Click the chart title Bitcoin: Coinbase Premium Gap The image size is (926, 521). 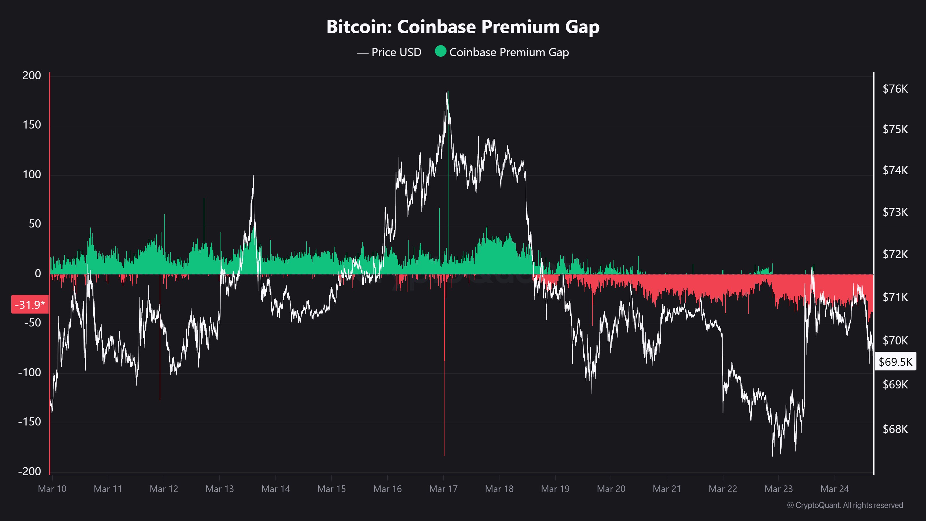[463, 27]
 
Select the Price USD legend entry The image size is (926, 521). [389, 52]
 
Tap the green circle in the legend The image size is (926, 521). [440, 52]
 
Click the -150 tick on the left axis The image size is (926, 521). [30, 421]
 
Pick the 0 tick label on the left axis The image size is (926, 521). [38, 273]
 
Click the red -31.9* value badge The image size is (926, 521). [30, 304]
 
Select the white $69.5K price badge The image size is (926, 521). [895, 361]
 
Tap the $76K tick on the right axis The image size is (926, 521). [895, 89]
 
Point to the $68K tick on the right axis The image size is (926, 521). [895, 429]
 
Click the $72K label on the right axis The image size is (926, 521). [895, 254]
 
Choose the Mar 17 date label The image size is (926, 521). [443, 489]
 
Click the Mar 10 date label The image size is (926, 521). [52, 489]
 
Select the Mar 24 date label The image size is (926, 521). [834, 489]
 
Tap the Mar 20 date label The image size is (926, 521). [611, 489]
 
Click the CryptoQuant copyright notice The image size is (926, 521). [845, 505]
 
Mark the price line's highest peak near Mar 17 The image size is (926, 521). [447, 91]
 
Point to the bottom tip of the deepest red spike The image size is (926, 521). [444, 456]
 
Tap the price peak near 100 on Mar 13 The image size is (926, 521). [253, 176]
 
